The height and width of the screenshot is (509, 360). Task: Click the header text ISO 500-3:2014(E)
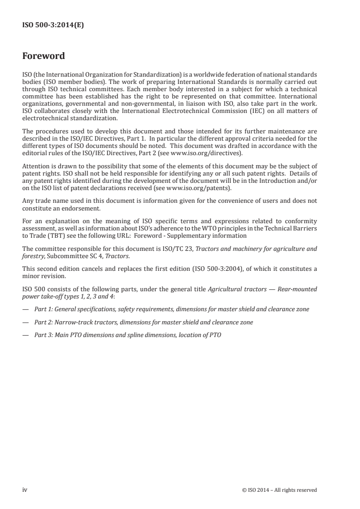(53, 26)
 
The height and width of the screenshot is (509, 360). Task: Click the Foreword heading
(44, 56)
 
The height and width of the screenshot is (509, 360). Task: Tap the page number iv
(25, 489)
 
